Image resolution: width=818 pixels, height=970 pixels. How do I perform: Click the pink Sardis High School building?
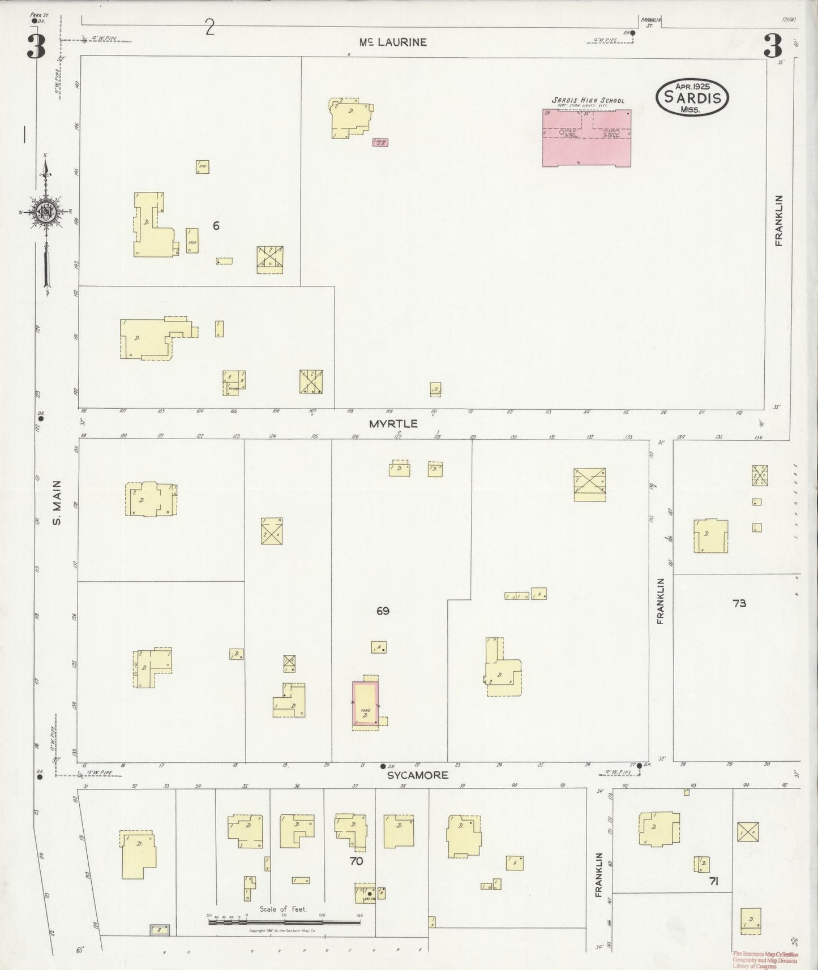tap(587, 138)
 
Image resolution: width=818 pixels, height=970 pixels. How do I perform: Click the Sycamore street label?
tap(417, 775)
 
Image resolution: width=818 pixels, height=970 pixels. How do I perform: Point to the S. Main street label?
tap(57, 503)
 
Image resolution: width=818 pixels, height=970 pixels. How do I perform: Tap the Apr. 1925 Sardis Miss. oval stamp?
tap(692, 97)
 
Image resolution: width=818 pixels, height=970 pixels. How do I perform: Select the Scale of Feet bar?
tap(284, 922)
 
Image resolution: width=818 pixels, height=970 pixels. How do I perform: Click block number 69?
tap(383, 611)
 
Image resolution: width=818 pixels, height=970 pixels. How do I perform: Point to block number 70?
tap(356, 861)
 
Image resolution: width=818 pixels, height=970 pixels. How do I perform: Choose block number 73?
tap(739, 603)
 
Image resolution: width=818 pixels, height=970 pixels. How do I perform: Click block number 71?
tap(713, 881)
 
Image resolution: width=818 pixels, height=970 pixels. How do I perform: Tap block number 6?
tap(216, 225)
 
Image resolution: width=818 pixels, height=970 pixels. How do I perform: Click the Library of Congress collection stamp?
tap(764, 959)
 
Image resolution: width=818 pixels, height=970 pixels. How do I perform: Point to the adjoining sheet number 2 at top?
tap(210, 27)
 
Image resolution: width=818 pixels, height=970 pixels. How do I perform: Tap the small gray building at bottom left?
tap(159, 929)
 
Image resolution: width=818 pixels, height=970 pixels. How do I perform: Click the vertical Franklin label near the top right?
tap(779, 220)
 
